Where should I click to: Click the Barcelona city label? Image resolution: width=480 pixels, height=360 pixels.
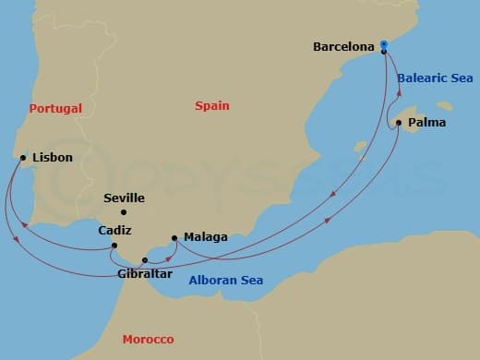pyautogui.click(x=343, y=45)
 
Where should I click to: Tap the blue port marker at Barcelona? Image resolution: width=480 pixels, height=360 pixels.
pyautogui.click(x=383, y=45)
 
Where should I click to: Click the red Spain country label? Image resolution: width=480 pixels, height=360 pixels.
pyautogui.click(x=211, y=106)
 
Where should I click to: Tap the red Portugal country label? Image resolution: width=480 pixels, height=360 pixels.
pyautogui.click(x=55, y=108)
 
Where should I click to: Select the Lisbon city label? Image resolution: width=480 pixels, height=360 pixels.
pyautogui.click(x=52, y=158)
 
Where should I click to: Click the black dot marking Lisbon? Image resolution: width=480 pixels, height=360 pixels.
pyautogui.click(x=22, y=158)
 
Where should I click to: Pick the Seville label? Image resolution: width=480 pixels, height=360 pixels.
pyautogui.click(x=126, y=198)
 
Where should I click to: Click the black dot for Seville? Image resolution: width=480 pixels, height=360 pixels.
pyautogui.click(x=124, y=212)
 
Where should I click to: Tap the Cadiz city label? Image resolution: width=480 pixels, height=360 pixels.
pyautogui.click(x=115, y=230)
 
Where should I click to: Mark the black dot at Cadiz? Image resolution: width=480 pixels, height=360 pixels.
pyautogui.click(x=113, y=246)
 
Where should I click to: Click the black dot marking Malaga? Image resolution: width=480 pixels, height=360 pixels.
pyautogui.click(x=174, y=238)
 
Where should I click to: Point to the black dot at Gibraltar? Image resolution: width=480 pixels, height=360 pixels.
pyautogui.click(x=144, y=260)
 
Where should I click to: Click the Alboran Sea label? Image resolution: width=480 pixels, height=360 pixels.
pyautogui.click(x=225, y=281)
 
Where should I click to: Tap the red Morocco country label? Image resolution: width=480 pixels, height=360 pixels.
pyautogui.click(x=148, y=340)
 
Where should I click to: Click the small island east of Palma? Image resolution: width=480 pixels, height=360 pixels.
pyautogui.click(x=446, y=104)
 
